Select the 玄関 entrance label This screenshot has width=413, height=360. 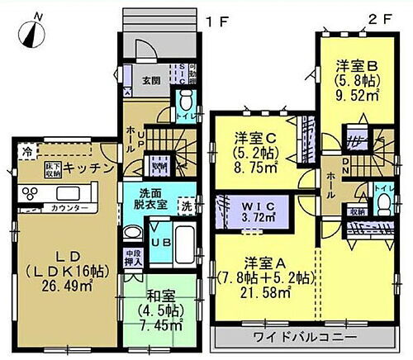pyautogui.click(x=150, y=80)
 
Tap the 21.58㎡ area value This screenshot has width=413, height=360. pyautogui.click(x=261, y=293)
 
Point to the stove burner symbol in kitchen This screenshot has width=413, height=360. pyautogui.click(x=30, y=195)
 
